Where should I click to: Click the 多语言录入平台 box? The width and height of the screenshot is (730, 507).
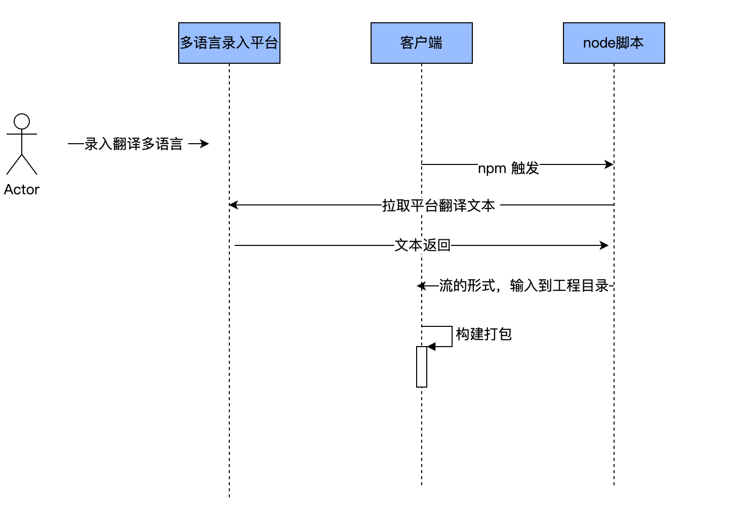pos(229,43)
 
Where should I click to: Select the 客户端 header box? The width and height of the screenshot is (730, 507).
pos(421,43)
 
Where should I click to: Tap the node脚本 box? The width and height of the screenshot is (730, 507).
pos(614,43)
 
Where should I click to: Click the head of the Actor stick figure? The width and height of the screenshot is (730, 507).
pos(22,121)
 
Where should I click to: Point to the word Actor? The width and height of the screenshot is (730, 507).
pos(22,190)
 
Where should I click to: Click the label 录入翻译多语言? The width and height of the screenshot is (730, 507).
pos(134,144)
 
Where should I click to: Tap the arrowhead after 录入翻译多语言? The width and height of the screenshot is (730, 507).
pos(205,144)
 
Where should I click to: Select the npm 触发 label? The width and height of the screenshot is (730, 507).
pos(508,168)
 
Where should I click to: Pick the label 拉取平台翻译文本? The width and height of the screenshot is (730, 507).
pos(438,205)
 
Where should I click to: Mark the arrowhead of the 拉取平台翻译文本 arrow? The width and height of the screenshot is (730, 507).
pos(233,205)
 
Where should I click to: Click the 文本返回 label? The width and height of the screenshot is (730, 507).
pos(422,245)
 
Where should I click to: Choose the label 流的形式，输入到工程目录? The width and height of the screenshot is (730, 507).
pos(523,286)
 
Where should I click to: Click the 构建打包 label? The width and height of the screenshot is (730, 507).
pos(483,334)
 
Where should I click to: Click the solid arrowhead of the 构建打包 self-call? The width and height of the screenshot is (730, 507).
pos(431,347)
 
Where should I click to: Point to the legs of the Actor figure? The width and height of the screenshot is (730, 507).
pos(22,164)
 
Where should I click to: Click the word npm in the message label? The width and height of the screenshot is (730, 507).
pos(492,168)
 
